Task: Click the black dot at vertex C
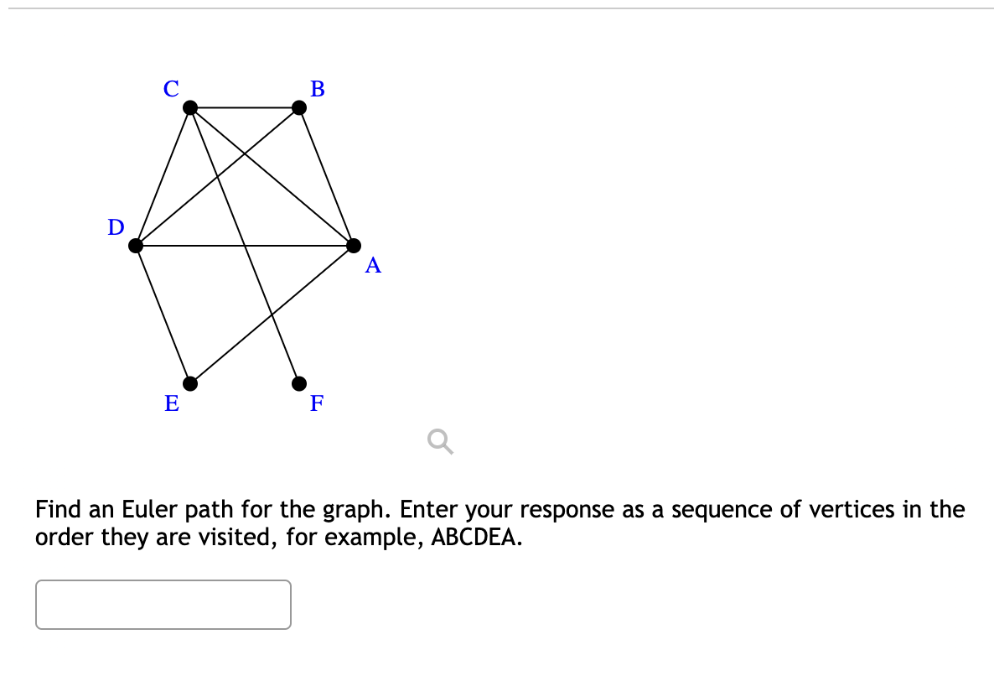click(191, 107)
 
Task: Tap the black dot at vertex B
click(299, 107)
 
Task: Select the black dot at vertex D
click(137, 246)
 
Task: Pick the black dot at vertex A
click(354, 246)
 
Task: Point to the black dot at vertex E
click(191, 383)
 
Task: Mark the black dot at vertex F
click(299, 383)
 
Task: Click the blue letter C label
click(171, 88)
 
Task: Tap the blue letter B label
click(318, 88)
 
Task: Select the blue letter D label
click(116, 226)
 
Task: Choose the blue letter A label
click(373, 266)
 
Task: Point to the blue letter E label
click(171, 403)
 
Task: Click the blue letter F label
click(317, 403)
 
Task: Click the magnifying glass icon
click(440, 440)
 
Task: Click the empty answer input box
click(163, 604)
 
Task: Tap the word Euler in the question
click(147, 509)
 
